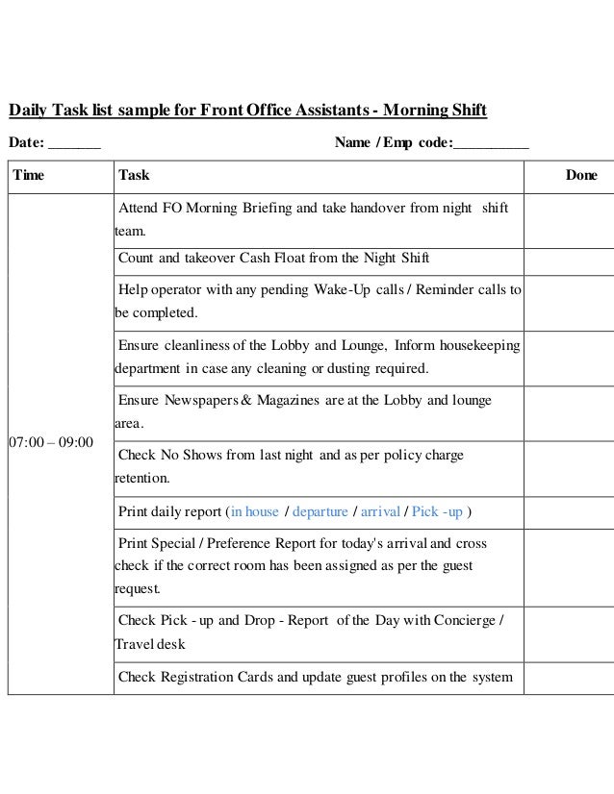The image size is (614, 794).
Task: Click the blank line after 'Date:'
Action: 74,144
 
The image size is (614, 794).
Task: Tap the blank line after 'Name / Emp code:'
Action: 491,144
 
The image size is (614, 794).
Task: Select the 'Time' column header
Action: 28,176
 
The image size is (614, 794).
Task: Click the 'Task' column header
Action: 133,176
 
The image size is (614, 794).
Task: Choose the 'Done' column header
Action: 580,176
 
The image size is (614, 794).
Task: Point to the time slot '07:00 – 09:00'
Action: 50,442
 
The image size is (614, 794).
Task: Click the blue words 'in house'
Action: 255,511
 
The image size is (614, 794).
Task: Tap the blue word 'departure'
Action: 320,511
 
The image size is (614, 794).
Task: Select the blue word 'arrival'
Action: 380,511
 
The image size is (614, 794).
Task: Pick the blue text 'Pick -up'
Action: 437,511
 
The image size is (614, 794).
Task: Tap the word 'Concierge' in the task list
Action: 459,620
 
